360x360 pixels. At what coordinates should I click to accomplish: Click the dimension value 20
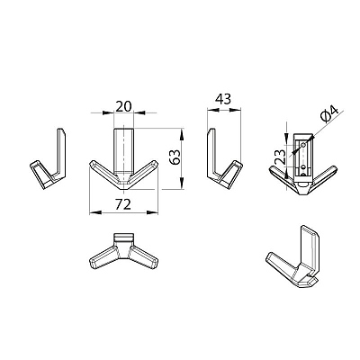(123, 106)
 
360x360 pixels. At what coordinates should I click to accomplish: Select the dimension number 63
(175, 157)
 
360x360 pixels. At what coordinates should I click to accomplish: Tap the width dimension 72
(123, 204)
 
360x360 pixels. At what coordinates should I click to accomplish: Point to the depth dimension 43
(223, 99)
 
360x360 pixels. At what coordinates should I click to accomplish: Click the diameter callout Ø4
(329, 113)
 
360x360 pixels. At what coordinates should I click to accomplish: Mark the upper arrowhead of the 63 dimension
(182, 135)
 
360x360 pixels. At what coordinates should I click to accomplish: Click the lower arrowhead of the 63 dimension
(182, 183)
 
